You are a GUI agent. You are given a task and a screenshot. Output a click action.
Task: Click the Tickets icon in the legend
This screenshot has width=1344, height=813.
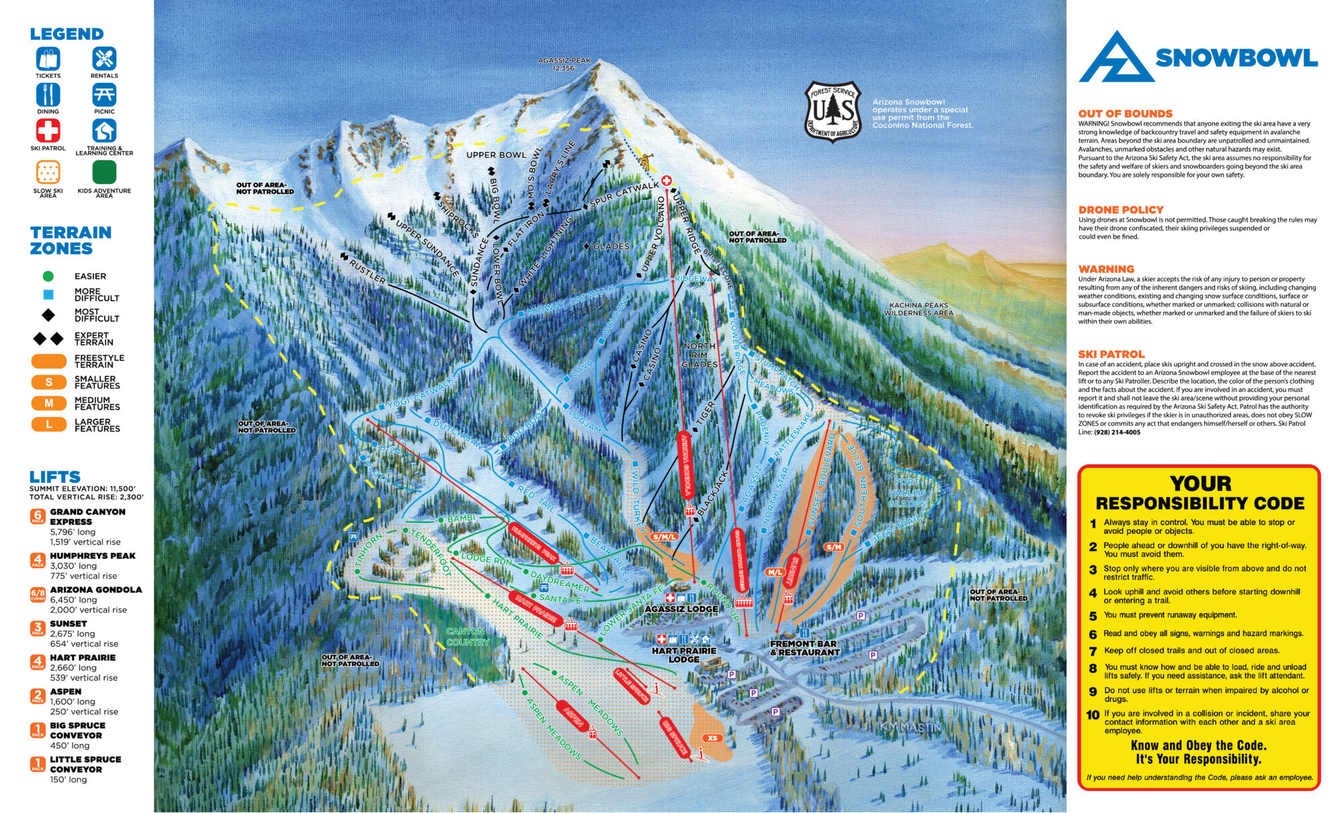pyautogui.click(x=48, y=58)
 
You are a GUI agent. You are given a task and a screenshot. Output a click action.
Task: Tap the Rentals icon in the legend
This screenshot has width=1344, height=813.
pyautogui.click(x=104, y=58)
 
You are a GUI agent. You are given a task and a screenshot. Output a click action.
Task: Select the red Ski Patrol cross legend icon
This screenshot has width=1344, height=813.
pyautogui.click(x=48, y=130)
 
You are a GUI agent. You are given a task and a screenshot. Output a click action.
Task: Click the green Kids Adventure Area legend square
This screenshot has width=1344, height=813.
pyautogui.click(x=104, y=172)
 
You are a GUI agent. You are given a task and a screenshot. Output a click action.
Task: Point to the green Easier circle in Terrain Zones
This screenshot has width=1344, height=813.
pyautogui.click(x=48, y=276)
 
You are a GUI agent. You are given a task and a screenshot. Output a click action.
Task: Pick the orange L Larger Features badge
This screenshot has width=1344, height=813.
pyautogui.click(x=48, y=425)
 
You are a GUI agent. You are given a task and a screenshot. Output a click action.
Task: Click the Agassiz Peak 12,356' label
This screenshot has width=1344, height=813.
pyautogui.click(x=564, y=64)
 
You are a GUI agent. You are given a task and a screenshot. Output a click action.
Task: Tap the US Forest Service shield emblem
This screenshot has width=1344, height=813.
pyautogui.click(x=832, y=112)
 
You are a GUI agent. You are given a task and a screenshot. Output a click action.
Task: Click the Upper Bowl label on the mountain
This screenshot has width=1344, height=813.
pyautogui.click(x=497, y=155)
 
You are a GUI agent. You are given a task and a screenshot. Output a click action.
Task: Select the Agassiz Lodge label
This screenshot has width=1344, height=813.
pyautogui.click(x=681, y=609)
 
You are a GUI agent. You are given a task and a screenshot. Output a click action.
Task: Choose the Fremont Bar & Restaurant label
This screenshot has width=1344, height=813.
pyautogui.click(x=805, y=648)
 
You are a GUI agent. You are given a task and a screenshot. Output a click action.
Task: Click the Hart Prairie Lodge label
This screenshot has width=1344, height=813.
pyautogui.click(x=684, y=654)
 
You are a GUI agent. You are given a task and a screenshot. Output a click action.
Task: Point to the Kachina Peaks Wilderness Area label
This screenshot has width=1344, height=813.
pyautogui.click(x=919, y=309)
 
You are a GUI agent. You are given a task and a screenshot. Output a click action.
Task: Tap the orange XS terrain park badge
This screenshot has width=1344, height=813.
pyautogui.click(x=712, y=738)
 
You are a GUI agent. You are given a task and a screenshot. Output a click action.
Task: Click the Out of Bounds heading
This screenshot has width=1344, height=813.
pyautogui.click(x=1125, y=114)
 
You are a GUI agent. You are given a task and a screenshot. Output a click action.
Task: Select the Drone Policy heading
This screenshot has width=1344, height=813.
pyautogui.click(x=1120, y=210)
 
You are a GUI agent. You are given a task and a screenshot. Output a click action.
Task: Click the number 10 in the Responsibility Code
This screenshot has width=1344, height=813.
pyautogui.click(x=1093, y=715)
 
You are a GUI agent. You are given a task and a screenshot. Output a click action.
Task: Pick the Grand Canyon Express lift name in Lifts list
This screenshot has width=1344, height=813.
pyautogui.click(x=87, y=516)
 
